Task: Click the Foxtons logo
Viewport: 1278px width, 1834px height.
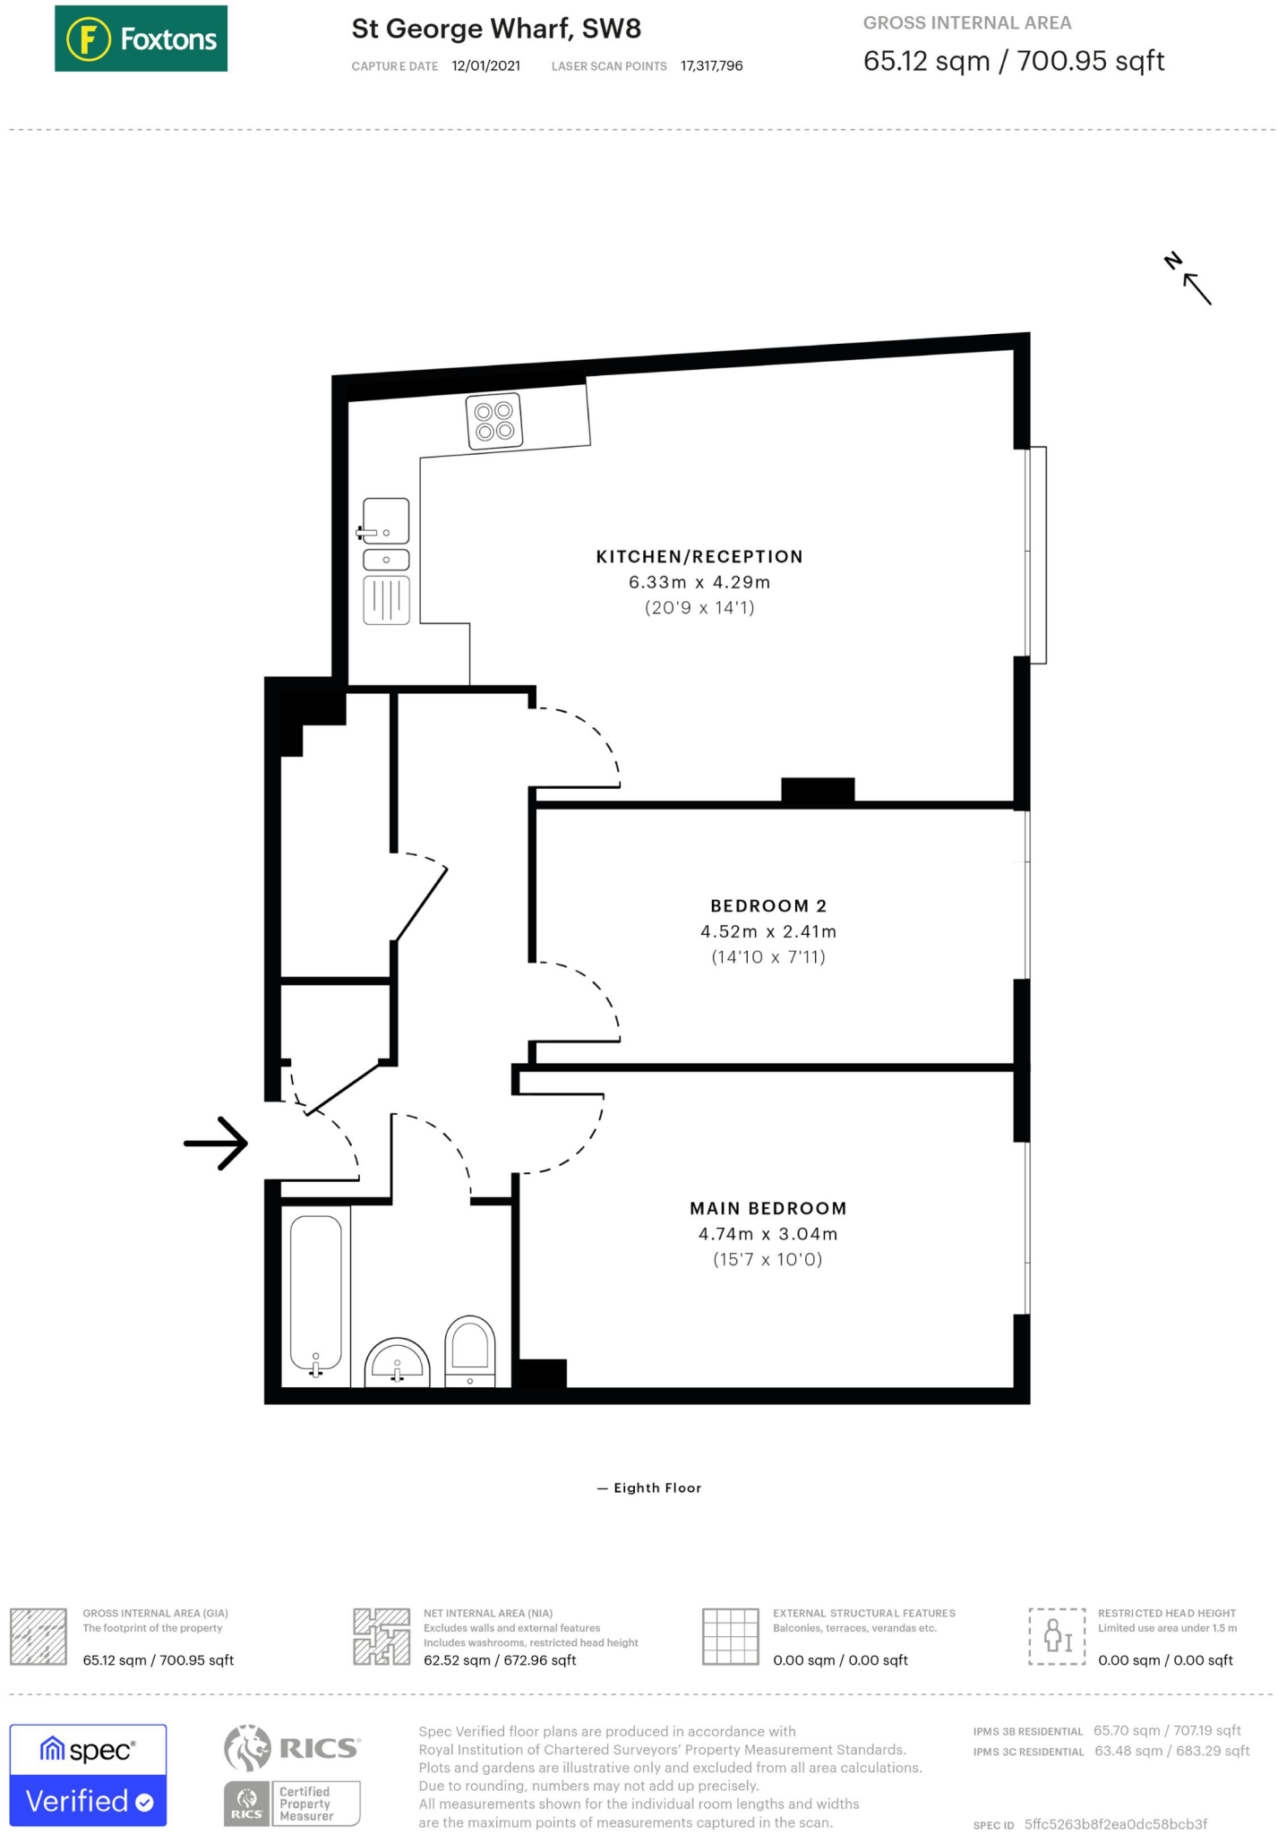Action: pyautogui.click(x=141, y=39)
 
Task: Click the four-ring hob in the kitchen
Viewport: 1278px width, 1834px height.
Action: pyautogui.click(x=494, y=421)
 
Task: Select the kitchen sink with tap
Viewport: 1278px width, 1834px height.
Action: pyautogui.click(x=386, y=522)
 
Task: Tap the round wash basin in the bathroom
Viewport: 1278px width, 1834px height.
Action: pyautogui.click(x=397, y=1362)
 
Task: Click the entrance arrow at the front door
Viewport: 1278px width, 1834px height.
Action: pyautogui.click(x=216, y=1143)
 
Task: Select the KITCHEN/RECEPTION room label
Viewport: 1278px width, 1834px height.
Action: pyautogui.click(x=699, y=556)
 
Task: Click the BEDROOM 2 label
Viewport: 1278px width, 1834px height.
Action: pyautogui.click(x=768, y=905)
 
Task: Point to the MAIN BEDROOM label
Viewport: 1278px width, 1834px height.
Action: pyautogui.click(x=768, y=1208)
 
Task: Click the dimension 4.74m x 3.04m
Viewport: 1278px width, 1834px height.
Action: pyautogui.click(x=768, y=1234)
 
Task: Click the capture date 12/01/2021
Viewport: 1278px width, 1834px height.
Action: pyautogui.click(x=485, y=66)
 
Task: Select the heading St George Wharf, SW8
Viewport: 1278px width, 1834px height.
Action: pyautogui.click(x=496, y=29)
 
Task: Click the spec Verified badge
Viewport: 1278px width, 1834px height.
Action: pyautogui.click(x=88, y=1775)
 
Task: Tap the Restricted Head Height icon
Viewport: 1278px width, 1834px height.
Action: pyautogui.click(x=1057, y=1636)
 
